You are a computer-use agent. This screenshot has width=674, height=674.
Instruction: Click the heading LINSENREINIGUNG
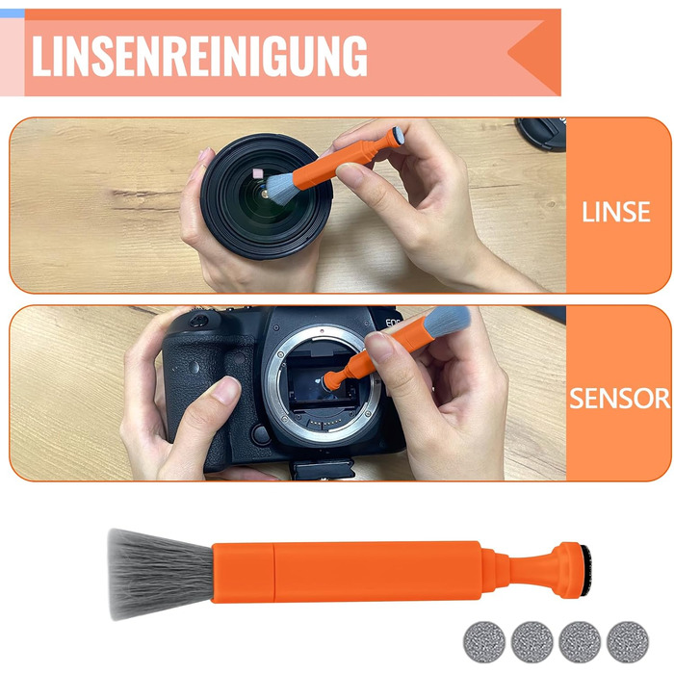point(199,56)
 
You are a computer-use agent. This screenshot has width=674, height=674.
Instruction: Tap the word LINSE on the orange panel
point(615,212)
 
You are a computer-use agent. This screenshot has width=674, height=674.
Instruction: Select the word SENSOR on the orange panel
point(619,398)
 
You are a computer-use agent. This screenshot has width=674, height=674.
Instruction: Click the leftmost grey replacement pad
point(484,642)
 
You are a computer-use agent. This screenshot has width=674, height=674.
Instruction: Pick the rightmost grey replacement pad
point(628,642)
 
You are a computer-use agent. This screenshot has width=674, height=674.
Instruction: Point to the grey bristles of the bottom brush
point(160,574)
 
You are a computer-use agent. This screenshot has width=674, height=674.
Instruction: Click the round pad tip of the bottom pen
point(585,570)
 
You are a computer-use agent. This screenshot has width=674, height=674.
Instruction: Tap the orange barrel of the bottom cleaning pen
point(346,571)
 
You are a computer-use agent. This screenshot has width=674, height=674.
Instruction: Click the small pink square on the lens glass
point(258,173)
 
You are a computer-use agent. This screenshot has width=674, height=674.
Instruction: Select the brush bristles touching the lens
point(281,188)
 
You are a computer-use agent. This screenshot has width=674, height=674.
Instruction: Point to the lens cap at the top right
point(541,134)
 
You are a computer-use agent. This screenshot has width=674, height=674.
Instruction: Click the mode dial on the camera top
point(199,321)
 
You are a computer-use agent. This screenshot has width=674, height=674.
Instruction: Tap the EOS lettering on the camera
point(392,322)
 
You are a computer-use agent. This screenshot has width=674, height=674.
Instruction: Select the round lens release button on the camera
point(261,434)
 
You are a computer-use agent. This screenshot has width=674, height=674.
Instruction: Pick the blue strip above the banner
point(13,13)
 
